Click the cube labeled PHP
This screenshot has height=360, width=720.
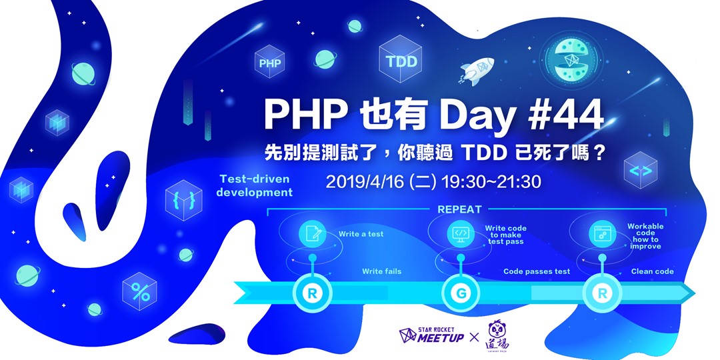[x=269, y=64]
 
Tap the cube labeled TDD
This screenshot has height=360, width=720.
[x=401, y=61]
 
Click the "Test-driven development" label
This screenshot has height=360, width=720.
[x=254, y=185]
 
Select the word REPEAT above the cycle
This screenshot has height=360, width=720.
[x=459, y=209]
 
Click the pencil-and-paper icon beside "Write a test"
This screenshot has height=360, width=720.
[x=312, y=234]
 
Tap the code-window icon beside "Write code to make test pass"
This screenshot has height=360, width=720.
[x=460, y=234]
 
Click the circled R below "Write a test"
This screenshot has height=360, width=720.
[x=311, y=291]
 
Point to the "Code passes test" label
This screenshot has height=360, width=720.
[x=536, y=271]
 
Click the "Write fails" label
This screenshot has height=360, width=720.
[x=381, y=271]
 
